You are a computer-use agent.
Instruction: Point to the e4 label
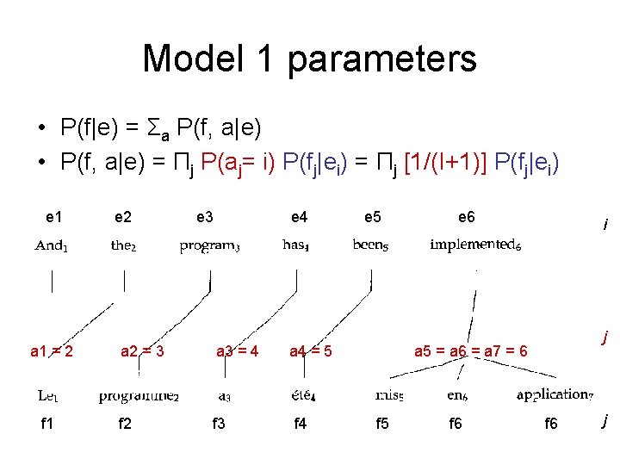click(300, 216)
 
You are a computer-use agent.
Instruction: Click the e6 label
click(466, 216)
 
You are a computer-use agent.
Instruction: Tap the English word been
click(370, 245)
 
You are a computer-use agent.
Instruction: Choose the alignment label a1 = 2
click(51, 351)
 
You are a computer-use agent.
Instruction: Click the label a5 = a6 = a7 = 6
click(470, 351)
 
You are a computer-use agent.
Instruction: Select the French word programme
click(139, 396)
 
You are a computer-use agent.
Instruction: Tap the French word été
click(301, 395)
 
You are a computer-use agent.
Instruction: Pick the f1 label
click(48, 423)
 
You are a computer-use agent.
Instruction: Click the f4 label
click(301, 423)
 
